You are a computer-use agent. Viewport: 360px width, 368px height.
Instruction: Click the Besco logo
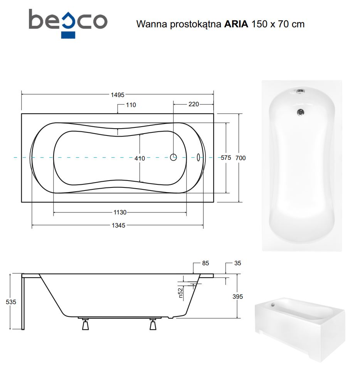tap(68, 23)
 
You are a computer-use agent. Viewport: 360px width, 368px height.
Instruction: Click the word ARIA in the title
tap(236, 24)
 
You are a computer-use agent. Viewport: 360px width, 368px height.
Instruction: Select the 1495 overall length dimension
tap(118, 95)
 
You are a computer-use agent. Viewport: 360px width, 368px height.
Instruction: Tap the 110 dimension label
tap(131, 105)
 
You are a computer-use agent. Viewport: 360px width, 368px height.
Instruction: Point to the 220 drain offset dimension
tap(193, 104)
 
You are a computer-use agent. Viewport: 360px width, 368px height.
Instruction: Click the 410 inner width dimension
tap(140, 159)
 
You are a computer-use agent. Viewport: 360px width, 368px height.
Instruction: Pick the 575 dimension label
tap(226, 158)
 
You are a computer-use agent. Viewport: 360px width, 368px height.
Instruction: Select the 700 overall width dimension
tap(241, 158)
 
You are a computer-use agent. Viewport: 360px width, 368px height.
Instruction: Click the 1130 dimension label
tap(120, 212)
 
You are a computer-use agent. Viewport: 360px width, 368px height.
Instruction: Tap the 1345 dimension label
tap(118, 225)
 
